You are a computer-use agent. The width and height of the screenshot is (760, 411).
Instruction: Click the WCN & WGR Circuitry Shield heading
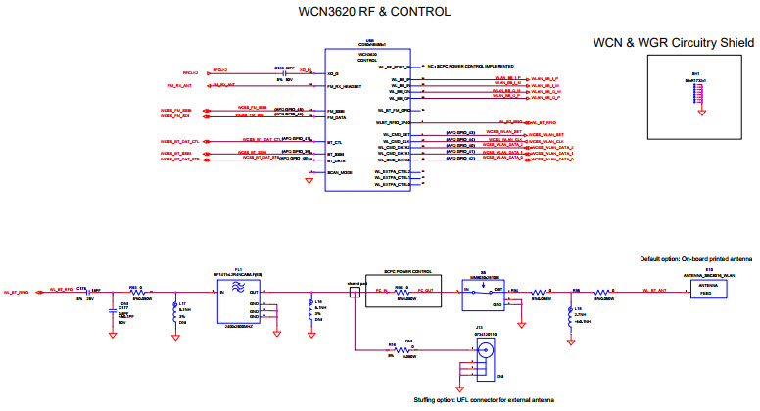click(674, 43)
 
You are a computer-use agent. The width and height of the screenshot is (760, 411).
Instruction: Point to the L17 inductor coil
click(175, 310)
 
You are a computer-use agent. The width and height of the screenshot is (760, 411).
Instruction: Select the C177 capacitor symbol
click(110, 310)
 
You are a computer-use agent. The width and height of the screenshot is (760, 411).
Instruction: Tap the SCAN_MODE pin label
click(339, 172)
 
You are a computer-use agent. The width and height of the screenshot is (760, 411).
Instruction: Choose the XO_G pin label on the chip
click(333, 73)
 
